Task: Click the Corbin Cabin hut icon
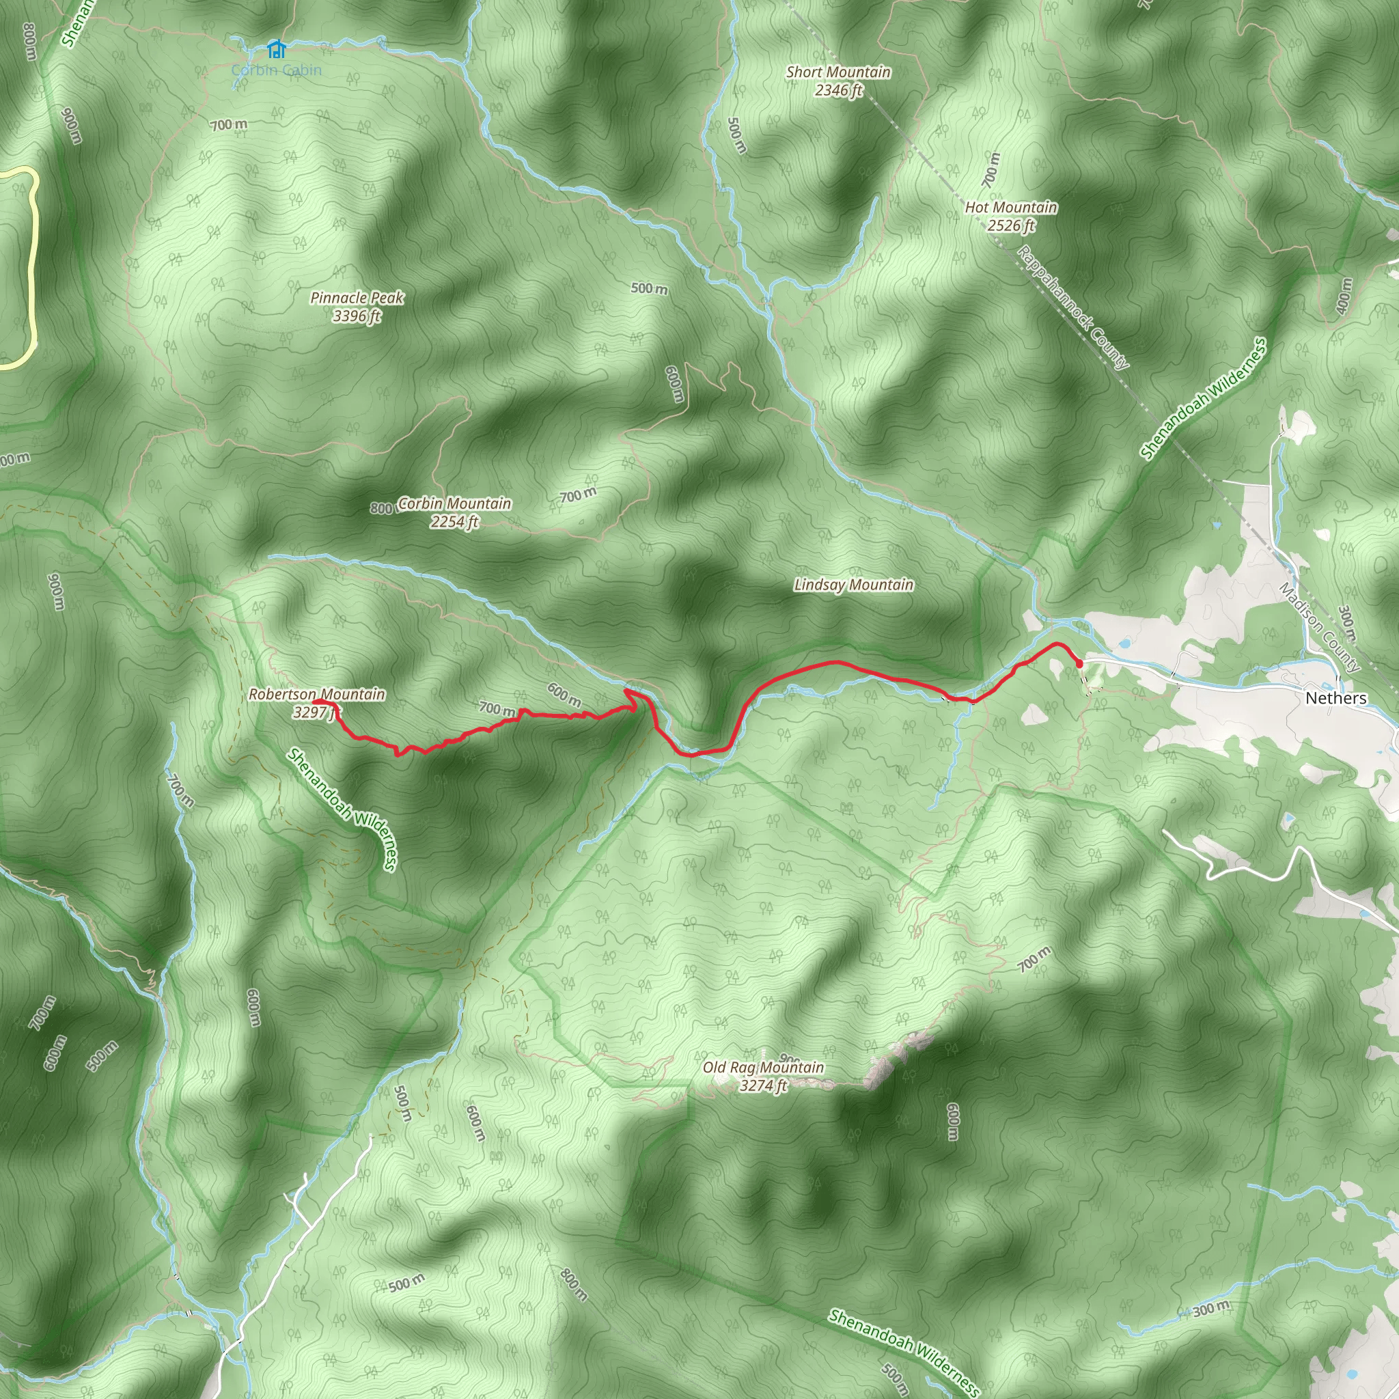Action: [x=276, y=49]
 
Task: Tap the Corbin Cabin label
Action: [x=276, y=70]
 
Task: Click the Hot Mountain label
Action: [x=1011, y=208]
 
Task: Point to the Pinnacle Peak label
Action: [x=357, y=298]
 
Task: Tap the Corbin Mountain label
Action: [x=455, y=503]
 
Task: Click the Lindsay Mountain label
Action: [x=854, y=585]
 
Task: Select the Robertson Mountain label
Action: [x=317, y=695]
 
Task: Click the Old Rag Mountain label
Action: [x=763, y=1068]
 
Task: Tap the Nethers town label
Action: [x=1336, y=698]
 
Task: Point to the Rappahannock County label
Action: [x=1073, y=308]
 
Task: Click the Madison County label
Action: [x=1319, y=627]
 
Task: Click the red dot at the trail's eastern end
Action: [x=1079, y=663]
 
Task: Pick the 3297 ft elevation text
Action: [x=316, y=712]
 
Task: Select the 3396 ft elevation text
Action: [x=357, y=316]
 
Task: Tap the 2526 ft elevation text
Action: [x=1011, y=226]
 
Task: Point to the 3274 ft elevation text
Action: [x=763, y=1085]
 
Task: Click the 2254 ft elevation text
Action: [x=455, y=521]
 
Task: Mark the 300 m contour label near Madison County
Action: [x=1347, y=624]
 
